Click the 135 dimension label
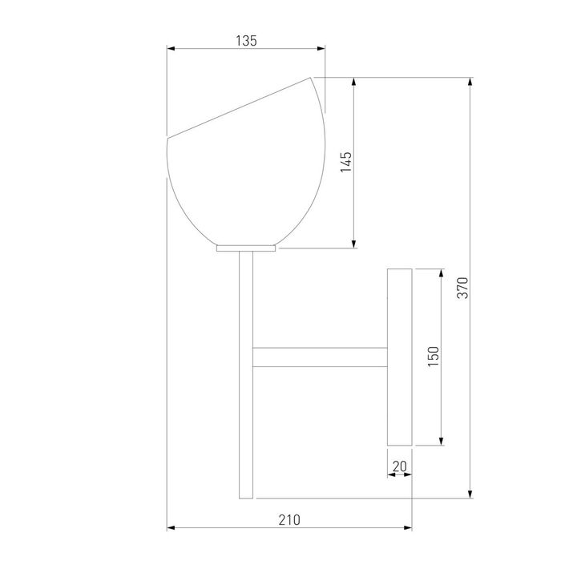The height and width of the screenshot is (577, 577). click(x=246, y=41)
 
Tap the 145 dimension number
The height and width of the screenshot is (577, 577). click(x=346, y=162)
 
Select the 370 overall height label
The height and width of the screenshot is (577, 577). click(x=462, y=288)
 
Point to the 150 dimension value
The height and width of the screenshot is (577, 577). click(x=434, y=356)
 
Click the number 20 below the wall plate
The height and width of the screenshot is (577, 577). click(x=400, y=466)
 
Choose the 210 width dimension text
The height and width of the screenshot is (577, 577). click(x=289, y=520)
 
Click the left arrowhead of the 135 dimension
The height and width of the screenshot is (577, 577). click(x=171, y=48)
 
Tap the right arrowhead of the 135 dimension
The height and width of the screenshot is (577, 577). click(x=321, y=48)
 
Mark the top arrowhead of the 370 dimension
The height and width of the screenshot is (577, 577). click(x=470, y=82)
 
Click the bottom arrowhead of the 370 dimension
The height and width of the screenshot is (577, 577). click(x=470, y=494)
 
